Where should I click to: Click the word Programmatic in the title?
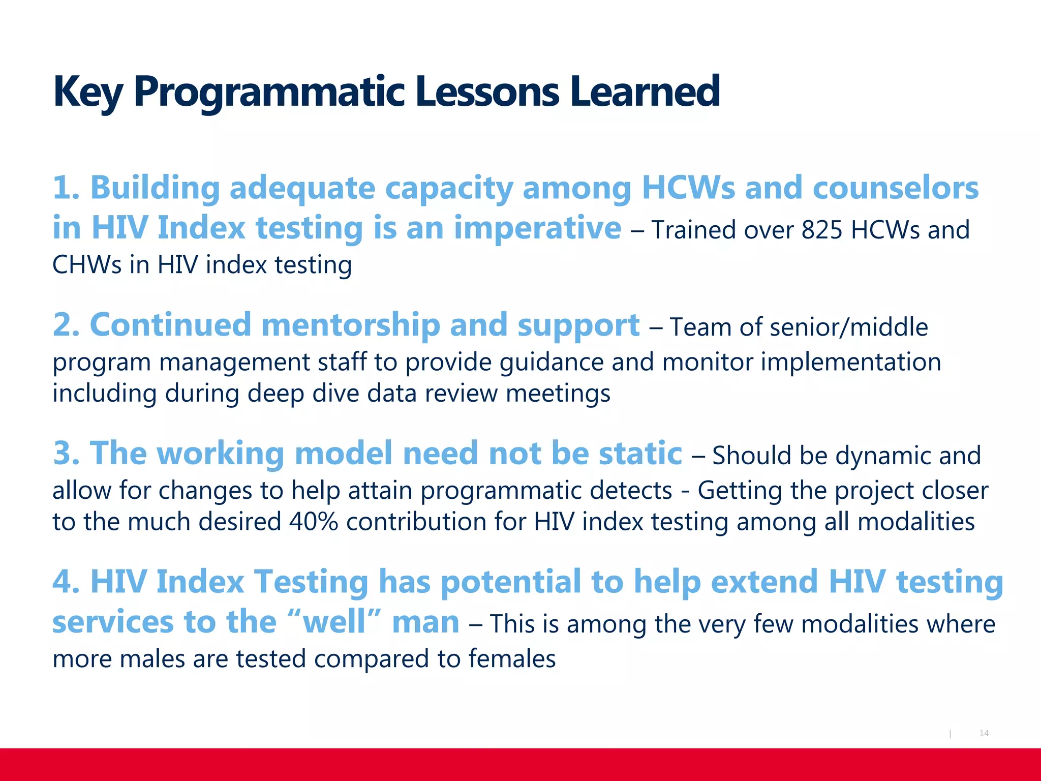pos(268,93)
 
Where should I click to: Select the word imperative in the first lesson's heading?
pos(537,228)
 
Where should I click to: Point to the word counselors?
pos(895,188)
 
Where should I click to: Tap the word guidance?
pos(551,363)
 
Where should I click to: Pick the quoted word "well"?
pos(334,622)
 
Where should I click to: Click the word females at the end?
pos(511,659)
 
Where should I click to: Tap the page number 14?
pos(984,733)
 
